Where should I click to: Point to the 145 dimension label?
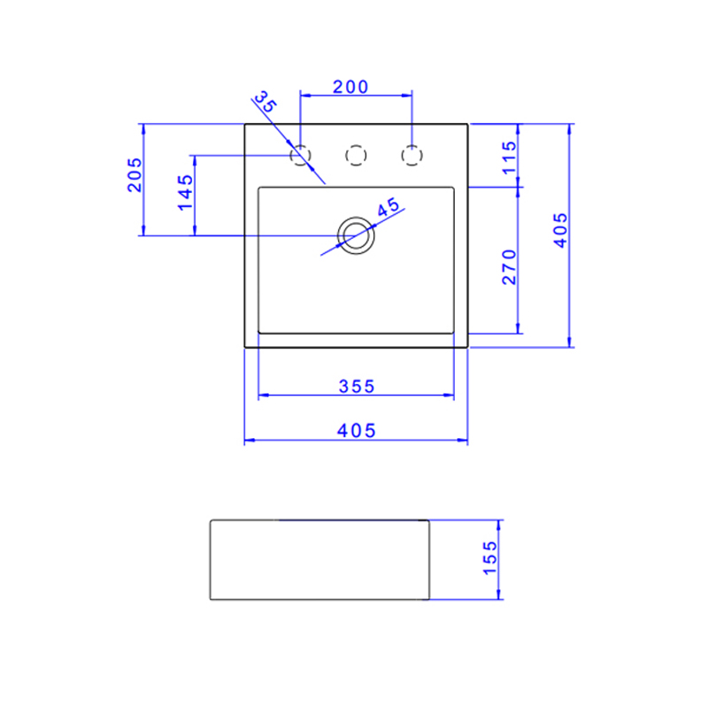[x=185, y=192]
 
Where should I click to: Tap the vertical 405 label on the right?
[x=560, y=232]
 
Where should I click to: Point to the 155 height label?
[x=491, y=558]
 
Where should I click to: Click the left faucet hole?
[x=302, y=156]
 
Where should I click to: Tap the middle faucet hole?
[x=356, y=156]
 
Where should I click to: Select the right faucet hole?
[x=411, y=156]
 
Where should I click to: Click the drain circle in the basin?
[x=356, y=235]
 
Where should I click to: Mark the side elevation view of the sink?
[x=319, y=559]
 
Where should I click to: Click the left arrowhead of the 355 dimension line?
[x=261, y=396]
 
